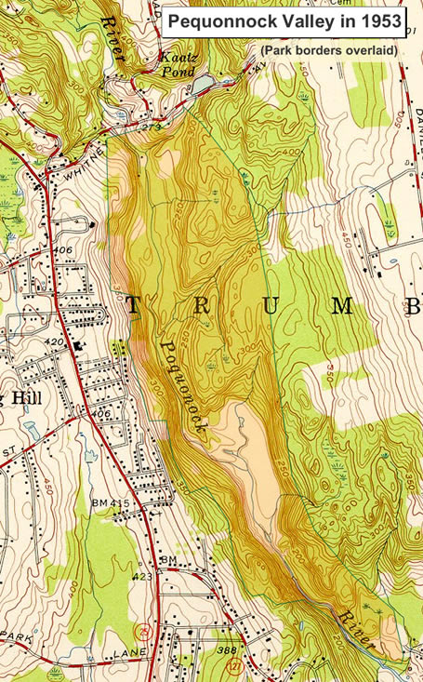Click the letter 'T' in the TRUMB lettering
pos(133,305)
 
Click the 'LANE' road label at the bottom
pos(117,653)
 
